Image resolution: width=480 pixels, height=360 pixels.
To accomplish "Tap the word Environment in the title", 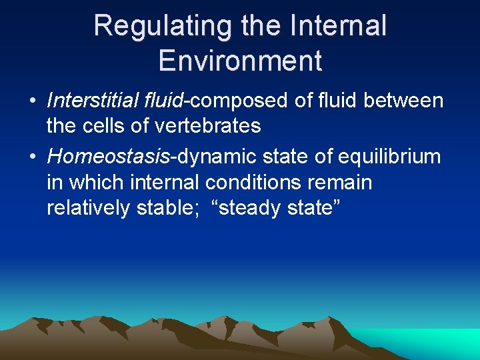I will (x=240, y=60).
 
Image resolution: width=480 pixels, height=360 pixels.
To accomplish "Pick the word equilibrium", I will (x=389, y=157).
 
